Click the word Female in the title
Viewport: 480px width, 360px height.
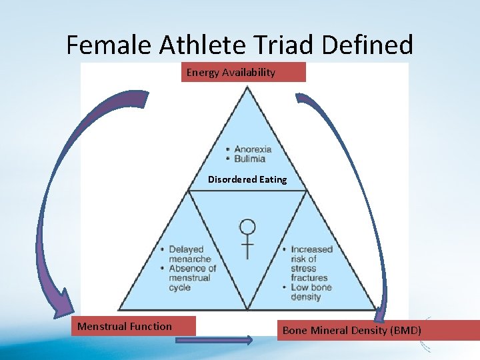pos(110,45)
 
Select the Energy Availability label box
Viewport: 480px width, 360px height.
pos(243,72)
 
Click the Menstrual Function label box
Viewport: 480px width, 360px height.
pos(133,326)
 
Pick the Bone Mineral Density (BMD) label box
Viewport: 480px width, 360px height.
pos(377,330)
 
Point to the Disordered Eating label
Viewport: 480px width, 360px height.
pos(247,179)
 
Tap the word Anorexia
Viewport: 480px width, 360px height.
pos(253,149)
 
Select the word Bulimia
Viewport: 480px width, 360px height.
pos(249,159)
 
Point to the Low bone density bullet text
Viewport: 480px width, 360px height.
pos(311,292)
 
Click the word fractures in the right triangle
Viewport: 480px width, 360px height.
pos(309,277)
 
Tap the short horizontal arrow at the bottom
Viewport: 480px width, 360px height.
pos(214,340)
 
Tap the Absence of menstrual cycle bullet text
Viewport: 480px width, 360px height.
pos(192,278)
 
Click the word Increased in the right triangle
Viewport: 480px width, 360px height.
pos(311,249)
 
